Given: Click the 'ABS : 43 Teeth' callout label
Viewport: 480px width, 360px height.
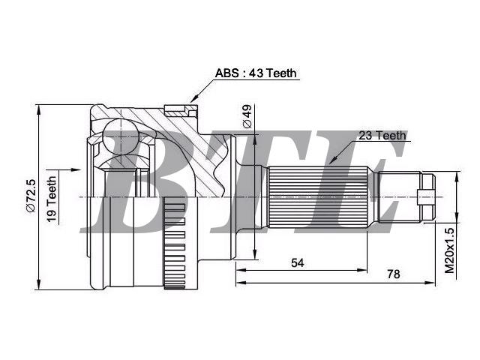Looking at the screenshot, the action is click(x=256, y=73).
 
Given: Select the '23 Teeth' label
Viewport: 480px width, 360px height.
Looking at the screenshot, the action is click(x=382, y=135).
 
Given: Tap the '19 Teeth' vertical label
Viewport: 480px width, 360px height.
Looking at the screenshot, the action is click(x=52, y=199).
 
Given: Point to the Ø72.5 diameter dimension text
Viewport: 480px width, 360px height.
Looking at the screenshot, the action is click(x=31, y=196).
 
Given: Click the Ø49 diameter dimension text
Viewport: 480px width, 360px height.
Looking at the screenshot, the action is click(x=247, y=116).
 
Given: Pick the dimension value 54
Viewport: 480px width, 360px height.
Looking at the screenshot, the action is click(x=298, y=262).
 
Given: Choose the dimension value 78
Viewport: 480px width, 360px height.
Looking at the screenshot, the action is click(x=394, y=274).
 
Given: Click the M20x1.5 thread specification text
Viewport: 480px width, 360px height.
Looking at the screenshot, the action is click(x=450, y=250).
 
